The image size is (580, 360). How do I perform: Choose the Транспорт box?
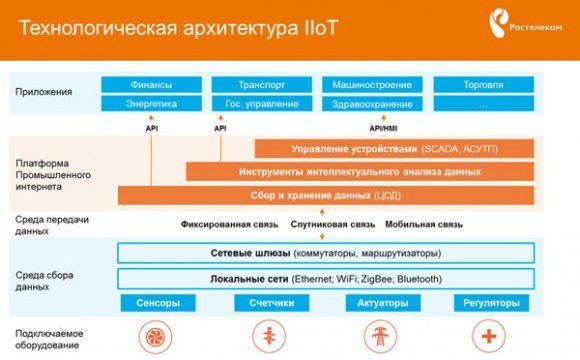(263, 85)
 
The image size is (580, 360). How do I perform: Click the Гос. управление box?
(263, 104)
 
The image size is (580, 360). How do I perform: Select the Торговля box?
(484, 85)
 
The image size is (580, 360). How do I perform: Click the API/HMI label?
(383, 128)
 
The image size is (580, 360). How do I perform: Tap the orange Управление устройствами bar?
(393, 149)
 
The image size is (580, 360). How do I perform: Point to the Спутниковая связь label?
(335, 224)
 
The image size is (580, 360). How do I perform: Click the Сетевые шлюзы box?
(325, 253)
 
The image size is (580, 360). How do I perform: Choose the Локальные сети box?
(325, 278)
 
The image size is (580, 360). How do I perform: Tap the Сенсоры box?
(157, 303)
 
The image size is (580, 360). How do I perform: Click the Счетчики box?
(270, 303)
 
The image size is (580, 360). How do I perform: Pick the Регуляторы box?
(490, 303)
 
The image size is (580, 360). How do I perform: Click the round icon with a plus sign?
(490, 336)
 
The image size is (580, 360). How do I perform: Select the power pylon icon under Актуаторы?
(380, 336)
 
